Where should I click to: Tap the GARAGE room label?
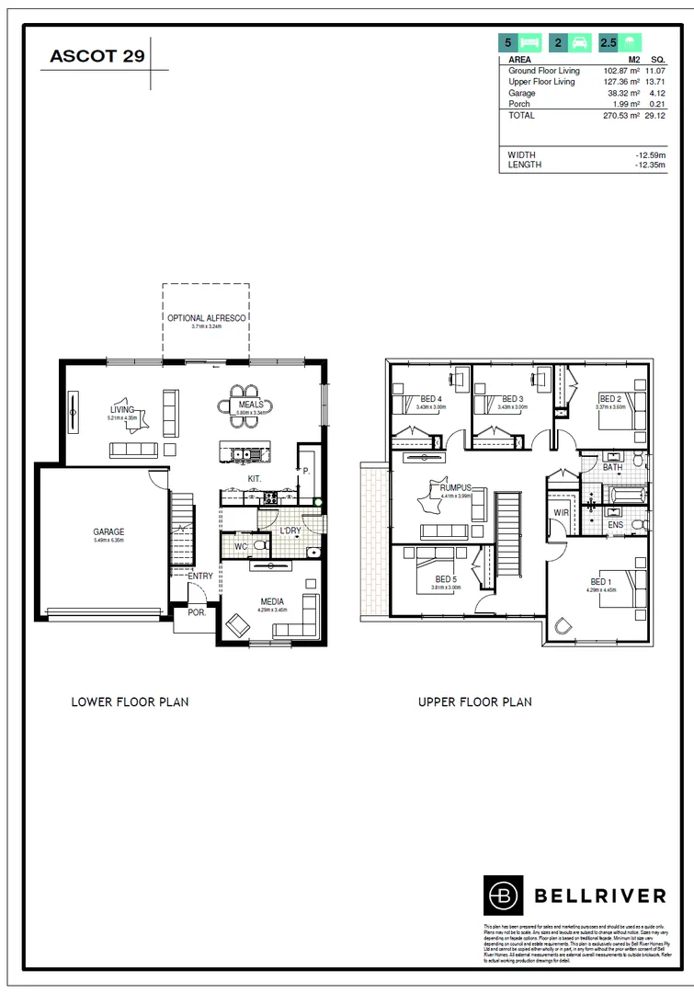(x=108, y=531)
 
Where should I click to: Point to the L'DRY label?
(x=290, y=531)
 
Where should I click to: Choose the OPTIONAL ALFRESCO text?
(x=206, y=318)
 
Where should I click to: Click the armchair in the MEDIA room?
(x=237, y=625)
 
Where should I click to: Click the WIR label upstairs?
(x=561, y=512)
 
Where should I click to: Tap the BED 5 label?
(x=447, y=579)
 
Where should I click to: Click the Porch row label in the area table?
(x=519, y=104)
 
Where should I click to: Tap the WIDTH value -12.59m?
(x=651, y=155)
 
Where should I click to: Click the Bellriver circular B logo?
(x=502, y=894)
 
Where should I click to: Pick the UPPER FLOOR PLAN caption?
(x=474, y=702)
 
